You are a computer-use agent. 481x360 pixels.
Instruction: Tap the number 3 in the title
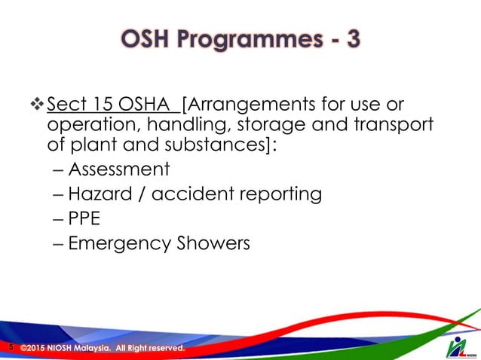tap(350, 39)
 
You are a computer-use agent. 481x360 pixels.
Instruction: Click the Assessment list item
tap(118, 169)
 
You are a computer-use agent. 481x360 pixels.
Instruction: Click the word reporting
tap(280, 194)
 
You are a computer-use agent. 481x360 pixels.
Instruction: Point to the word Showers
tap(215, 245)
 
